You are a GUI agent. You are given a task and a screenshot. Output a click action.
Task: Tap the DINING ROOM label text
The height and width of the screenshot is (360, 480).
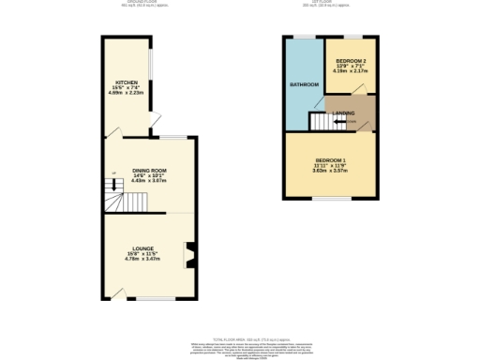point(149,169)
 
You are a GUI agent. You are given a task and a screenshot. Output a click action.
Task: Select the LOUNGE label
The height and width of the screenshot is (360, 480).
point(142,248)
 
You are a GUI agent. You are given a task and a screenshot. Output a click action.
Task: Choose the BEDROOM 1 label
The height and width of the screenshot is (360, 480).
point(331,160)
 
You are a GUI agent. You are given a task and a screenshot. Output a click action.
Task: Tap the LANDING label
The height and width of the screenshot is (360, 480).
point(343,113)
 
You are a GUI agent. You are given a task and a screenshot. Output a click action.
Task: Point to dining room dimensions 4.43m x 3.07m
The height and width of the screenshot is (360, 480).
point(149,180)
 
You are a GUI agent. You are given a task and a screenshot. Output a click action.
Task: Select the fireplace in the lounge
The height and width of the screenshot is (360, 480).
point(190,254)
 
